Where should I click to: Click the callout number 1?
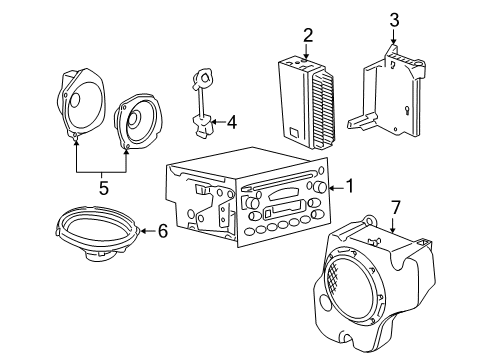[x=349, y=186]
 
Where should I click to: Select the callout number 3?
[x=394, y=20]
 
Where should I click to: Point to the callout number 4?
[x=231, y=123]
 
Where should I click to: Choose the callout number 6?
[x=163, y=230]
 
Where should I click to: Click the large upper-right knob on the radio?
[x=318, y=188]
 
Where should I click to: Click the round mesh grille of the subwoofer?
[x=357, y=289]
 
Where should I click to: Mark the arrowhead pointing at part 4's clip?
[x=214, y=122]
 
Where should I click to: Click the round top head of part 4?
[x=204, y=76]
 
